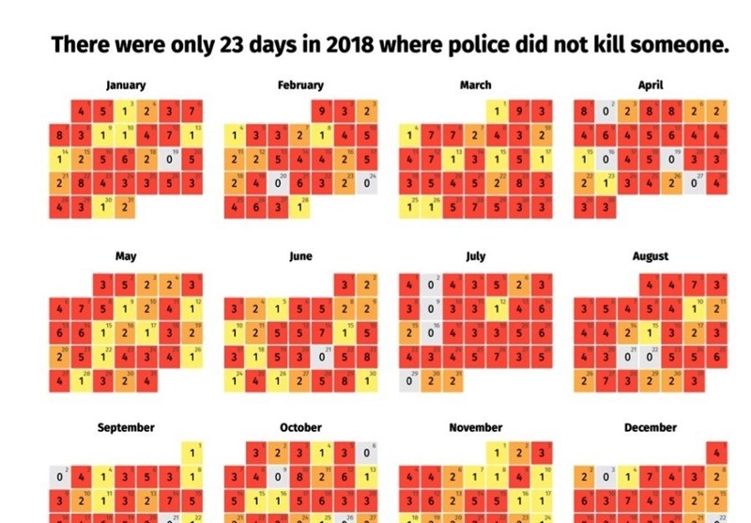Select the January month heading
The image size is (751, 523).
(126, 85)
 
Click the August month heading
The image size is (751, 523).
(650, 256)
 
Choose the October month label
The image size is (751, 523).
(300, 427)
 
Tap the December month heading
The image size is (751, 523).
(650, 427)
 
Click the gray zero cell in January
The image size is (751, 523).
(170, 160)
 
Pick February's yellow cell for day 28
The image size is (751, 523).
(300, 208)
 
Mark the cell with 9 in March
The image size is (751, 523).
(519, 112)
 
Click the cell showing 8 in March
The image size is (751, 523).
(519, 183)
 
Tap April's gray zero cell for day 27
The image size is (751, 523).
(695, 183)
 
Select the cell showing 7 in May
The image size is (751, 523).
(81, 307)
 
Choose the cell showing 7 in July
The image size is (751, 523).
(498, 356)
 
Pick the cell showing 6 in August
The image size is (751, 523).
(717, 356)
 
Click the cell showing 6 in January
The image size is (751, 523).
(147, 160)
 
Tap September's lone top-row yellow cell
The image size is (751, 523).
(192, 454)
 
